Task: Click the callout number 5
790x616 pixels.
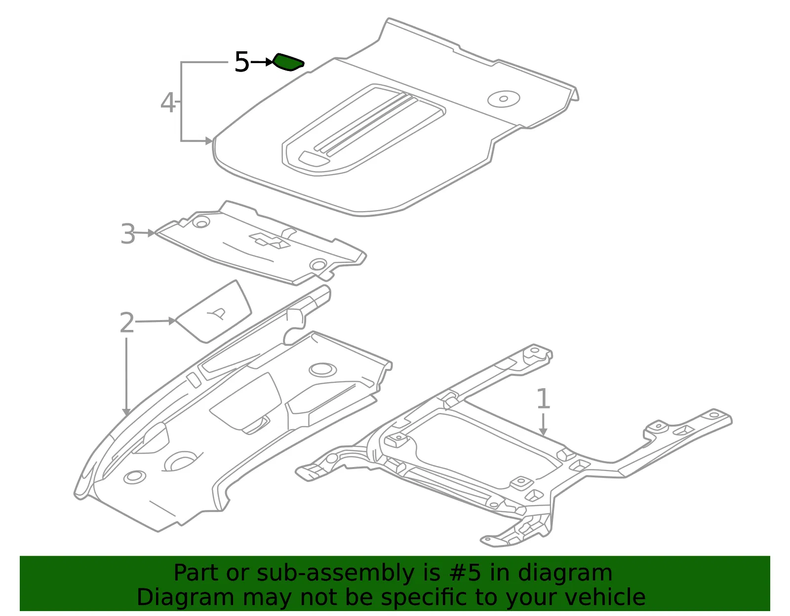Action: click(242, 62)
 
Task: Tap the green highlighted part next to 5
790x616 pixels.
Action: click(288, 62)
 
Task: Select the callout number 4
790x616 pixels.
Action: click(168, 103)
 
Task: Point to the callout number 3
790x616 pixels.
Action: click(128, 234)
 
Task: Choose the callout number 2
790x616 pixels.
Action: click(127, 322)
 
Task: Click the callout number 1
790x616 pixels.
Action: click(543, 399)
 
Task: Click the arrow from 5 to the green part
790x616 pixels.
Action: click(261, 63)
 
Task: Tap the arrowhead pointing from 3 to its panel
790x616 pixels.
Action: click(151, 233)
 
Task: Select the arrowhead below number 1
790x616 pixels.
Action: click(543, 431)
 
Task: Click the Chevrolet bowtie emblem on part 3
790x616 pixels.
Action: click(270, 240)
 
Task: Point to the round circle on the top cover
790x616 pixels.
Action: click(504, 99)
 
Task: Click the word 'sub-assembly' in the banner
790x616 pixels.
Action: click(336, 574)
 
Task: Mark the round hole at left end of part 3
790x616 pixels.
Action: click(201, 222)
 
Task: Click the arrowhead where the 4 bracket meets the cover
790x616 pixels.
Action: click(209, 141)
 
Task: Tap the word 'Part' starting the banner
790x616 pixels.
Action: click(197, 573)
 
